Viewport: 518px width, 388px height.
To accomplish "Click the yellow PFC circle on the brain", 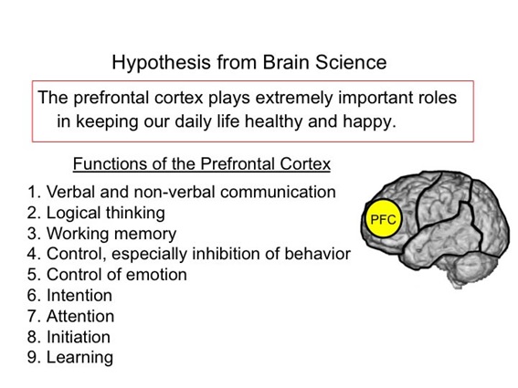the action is click(x=384, y=218).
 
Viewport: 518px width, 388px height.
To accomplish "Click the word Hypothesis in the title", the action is click(x=161, y=63).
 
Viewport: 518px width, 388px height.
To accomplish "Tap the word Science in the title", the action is click(x=351, y=62).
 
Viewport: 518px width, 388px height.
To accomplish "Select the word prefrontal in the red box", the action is click(x=111, y=98).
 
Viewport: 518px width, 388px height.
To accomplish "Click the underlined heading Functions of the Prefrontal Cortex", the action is click(x=202, y=163).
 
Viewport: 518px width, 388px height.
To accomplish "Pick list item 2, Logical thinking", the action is click(x=96, y=214).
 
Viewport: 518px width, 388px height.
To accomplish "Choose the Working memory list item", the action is click(x=101, y=234).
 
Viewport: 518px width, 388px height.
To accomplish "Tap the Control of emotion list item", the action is click(x=107, y=275).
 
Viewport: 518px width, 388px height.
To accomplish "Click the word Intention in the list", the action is click(x=79, y=295).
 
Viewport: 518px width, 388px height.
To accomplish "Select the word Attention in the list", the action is click(x=80, y=316).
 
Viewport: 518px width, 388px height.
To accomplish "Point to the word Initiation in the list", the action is click(x=79, y=337).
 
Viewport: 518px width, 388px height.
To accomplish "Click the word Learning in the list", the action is click(x=79, y=358).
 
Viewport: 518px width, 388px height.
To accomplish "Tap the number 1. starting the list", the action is click(x=34, y=193).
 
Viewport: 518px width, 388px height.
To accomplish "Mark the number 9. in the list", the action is click(x=34, y=358).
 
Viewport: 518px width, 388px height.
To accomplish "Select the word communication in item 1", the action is click(x=278, y=193).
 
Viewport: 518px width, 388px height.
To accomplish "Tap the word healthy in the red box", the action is click(x=273, y=121).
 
